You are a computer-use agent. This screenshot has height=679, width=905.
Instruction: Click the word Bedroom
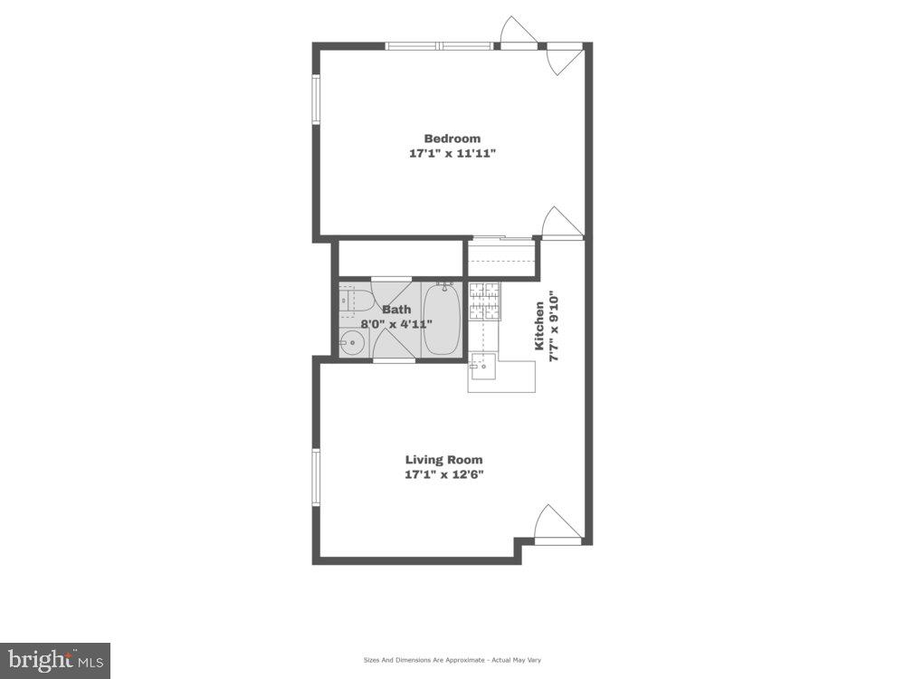[x=452, y=139]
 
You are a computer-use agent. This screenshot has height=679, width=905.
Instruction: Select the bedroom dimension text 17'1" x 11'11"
[x=452, y=154]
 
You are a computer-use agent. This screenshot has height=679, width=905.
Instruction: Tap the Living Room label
[x=443, y=459]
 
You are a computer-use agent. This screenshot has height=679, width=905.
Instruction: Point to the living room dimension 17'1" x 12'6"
[x=443, y=474]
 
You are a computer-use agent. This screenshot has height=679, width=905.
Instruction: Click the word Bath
[x=395, y=310]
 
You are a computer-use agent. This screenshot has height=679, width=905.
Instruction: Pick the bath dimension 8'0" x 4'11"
[x=396, y=324]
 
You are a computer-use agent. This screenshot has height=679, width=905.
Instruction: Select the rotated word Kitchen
[x=539, y=326]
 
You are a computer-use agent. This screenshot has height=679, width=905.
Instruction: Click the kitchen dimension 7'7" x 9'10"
[x=556, y=326]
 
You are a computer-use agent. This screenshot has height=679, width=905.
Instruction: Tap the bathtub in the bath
[x=442, y=321]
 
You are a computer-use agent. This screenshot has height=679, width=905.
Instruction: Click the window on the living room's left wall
[x=316, y=476]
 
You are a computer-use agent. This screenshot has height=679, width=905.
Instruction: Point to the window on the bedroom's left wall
[x=317, y=100]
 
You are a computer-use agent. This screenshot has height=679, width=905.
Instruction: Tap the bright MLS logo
[x=54, y=660]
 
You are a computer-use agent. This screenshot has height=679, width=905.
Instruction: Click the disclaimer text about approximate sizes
[x=452, y=660]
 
